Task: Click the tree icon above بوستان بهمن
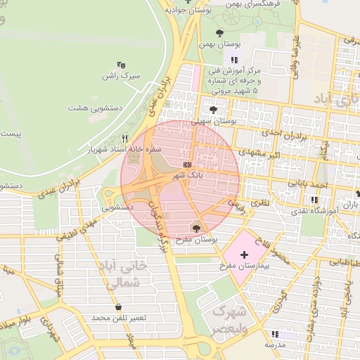220,32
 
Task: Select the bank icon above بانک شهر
186,164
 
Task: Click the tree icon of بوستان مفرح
196,228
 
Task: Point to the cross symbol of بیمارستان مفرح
244,254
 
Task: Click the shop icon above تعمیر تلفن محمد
117,307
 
